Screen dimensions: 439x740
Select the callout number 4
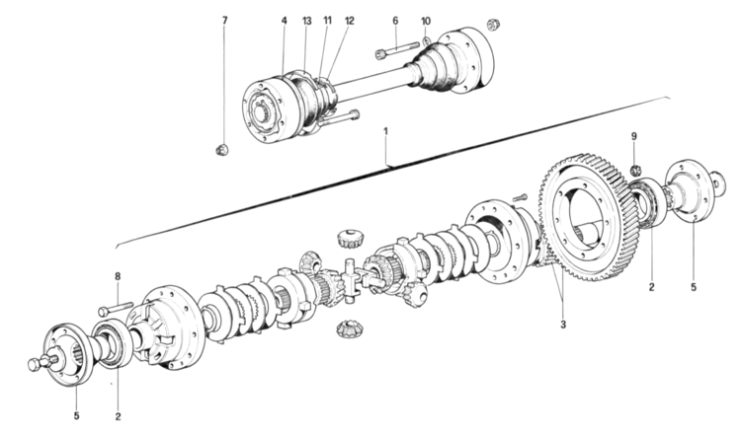(x=284, y=20)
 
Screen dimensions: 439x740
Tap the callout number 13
(x=306, y=20)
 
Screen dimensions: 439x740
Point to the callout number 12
(x=349, y=20)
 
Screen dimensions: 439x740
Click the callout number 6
(x=394, y=20)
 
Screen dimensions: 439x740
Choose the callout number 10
(x=426, y=20)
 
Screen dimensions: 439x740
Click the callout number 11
(x=327, y=20)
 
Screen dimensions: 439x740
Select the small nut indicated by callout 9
(x=637, y=160)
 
